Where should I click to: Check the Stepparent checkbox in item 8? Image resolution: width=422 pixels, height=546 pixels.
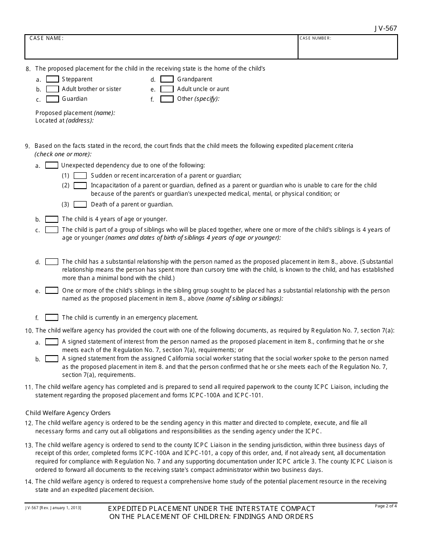click(x=52, y=79)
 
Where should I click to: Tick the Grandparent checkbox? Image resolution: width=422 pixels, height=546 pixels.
click(x=167, y=79)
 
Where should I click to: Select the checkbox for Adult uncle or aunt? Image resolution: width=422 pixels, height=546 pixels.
click(x=167, y=89)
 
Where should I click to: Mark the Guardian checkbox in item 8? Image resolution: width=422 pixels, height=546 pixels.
click(x=52, y=99)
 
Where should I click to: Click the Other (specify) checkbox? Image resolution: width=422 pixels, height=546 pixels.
click(x=167, y=99)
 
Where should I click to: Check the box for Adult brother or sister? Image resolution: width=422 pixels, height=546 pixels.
click(x=52, y=89)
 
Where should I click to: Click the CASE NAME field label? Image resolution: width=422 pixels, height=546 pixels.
click(x=46, y=38)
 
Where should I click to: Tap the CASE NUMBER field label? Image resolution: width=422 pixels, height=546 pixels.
click(x=315, y=38)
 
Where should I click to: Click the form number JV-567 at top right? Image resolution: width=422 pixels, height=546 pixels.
click(x=386, y=28)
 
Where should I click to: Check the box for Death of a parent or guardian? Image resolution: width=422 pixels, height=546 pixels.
click(x=80, y=205)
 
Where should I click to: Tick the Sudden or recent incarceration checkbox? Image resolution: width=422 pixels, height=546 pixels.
click(x=80, y=175)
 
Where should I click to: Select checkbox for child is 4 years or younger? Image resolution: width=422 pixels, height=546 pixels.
click(x=52, y=219)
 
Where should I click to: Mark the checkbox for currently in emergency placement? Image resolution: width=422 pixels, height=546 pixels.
click(x=52, y=317)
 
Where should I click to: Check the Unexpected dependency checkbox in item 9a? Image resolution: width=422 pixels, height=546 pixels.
click(x=52, y=166)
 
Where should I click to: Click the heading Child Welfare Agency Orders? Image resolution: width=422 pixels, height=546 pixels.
click(x=68, y=413)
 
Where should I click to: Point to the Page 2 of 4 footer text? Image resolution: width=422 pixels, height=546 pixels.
click(x=386, y=506)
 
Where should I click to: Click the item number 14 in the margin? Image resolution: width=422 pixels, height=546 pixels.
click(x=29, y=482)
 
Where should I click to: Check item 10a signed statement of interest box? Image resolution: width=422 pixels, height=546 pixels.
click(x=52, y=342)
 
